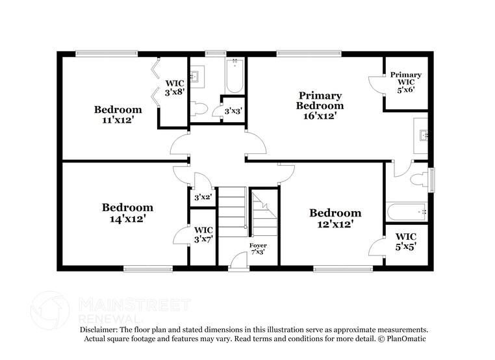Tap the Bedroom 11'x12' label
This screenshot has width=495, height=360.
(x=118, y=114)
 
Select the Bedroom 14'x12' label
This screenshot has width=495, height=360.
(x=127, y=213)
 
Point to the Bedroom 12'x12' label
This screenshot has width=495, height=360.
(x=335, y=218)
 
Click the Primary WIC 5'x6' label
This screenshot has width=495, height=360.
(x=405, y=83)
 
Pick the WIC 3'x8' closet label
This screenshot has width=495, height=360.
(x=175, y=88)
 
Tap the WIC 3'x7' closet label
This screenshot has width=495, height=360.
(x=203, y=235)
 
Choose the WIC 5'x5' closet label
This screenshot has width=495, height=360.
(x=405, y=241)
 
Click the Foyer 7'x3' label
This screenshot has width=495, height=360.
(x=258, y=248)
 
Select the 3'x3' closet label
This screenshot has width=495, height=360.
(x=232, y=111)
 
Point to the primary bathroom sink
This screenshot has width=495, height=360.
(x=422, y=135)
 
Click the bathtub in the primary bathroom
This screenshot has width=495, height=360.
(x=406, y=212)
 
